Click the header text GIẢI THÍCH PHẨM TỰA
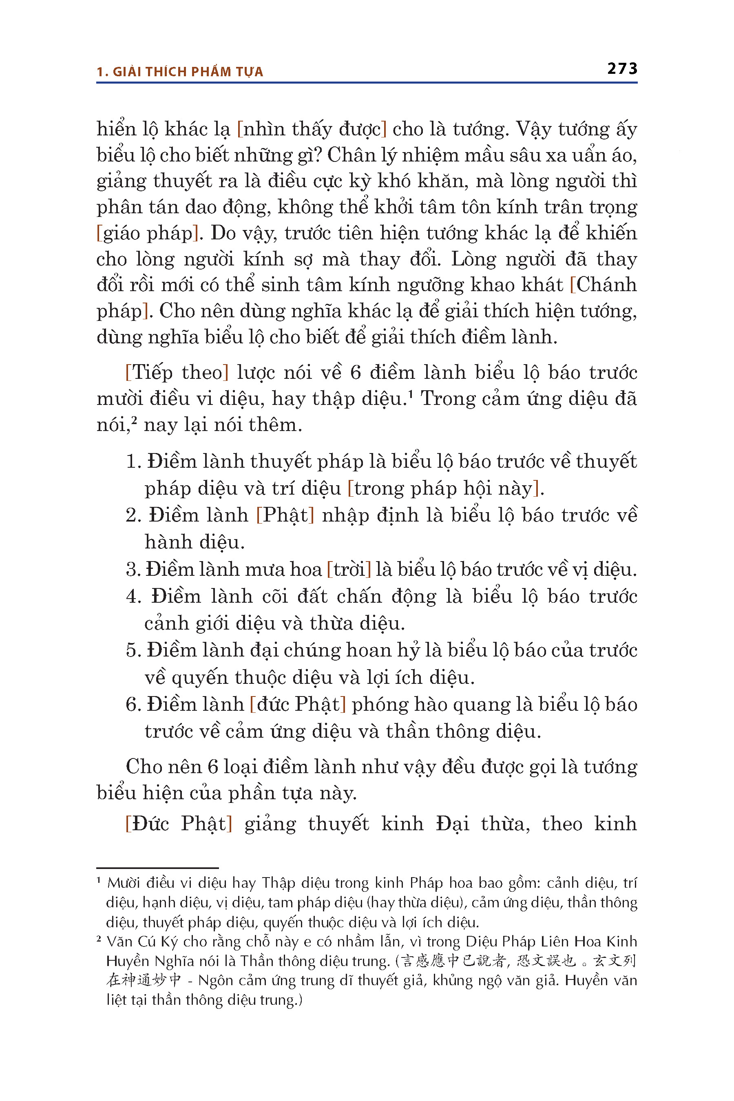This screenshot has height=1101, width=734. coord(188,72)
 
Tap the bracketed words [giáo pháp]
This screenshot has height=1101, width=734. coord(146,233)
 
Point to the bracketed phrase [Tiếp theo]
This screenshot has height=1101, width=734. coord(177,373)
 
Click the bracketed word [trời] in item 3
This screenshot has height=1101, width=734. coord(349,570)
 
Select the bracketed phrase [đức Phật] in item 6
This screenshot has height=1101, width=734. coord(298,705)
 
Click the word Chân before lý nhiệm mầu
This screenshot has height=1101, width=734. coord(352,155)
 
